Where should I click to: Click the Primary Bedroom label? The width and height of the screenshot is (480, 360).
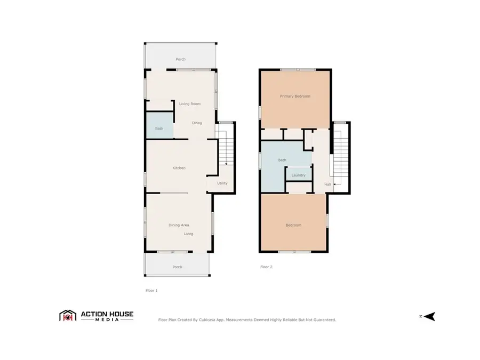[x=295, y=97]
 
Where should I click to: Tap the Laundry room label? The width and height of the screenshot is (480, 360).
[x=298, y=175]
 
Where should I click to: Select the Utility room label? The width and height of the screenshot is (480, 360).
[x=222, y=183]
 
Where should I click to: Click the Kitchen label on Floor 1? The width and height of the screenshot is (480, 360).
[x=179, y=168]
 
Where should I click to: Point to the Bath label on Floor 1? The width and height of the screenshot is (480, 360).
[x=159, y=129]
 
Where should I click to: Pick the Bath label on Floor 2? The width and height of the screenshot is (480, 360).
[x=282, y=160]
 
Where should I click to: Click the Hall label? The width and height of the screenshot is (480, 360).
[x=327, y=185]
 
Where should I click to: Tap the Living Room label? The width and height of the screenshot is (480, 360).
[x=189, y=103]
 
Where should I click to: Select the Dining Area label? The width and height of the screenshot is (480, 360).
[x=179, y=226]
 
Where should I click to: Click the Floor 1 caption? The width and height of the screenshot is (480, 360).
[x=151, y=291]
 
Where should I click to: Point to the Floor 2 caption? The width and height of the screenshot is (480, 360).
[x=266, y=267]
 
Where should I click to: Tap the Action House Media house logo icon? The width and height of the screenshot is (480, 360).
[x=67, y=316]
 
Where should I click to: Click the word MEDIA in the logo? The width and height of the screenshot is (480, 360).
[x=107, y=320]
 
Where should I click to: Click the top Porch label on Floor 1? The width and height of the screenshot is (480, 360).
[x=180, y=59]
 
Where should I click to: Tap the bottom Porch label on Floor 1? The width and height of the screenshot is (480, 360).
[x=177, y=267]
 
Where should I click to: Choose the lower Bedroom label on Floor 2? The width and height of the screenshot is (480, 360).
[x=293, y=225]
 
